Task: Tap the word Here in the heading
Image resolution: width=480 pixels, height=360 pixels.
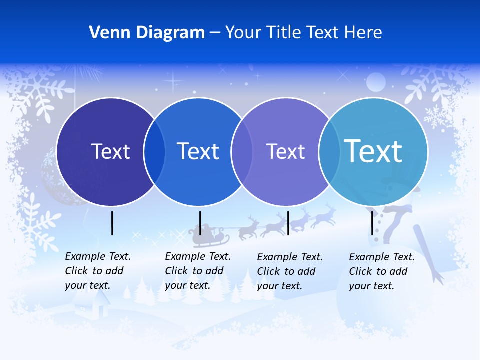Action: [363, 33]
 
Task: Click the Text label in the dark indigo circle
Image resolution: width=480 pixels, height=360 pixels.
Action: [110, 151]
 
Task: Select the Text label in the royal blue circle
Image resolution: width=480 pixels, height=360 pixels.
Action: [198, 151]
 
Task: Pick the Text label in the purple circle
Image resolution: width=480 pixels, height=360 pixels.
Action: [285, 151]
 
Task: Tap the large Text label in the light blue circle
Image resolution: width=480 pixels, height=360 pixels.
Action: [373, 151]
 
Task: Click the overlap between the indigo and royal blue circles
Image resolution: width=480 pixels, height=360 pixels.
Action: [154, 152]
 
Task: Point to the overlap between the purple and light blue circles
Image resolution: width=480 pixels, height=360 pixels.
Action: [328, 152]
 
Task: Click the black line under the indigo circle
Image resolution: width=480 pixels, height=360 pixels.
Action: [112, 223]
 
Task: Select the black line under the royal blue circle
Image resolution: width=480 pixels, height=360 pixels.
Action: [200, 223]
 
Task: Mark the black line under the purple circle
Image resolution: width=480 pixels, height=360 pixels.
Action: [288, 223]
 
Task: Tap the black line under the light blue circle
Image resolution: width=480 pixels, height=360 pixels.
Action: [372, 223]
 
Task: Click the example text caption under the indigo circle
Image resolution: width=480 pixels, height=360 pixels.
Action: [98, 271]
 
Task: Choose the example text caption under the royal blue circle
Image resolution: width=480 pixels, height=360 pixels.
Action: [198, 271]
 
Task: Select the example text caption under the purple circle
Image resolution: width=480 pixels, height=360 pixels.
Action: [290, 271]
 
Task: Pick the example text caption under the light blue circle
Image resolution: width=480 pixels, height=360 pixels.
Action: [382, 271]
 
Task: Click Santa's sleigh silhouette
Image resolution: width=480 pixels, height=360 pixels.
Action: [206, 236]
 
